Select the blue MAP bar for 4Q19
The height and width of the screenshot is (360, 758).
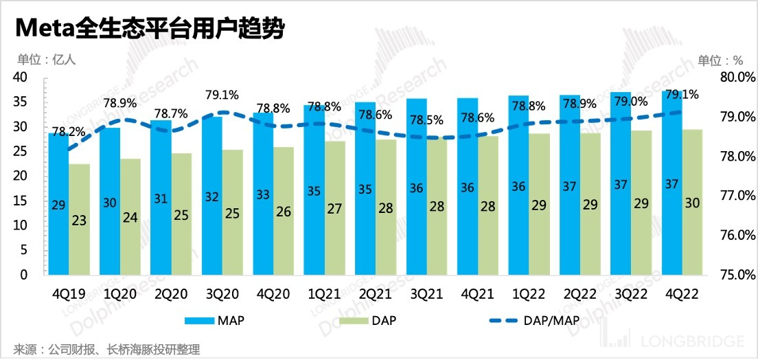(58, 206)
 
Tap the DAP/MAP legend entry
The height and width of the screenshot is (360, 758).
(529, 320)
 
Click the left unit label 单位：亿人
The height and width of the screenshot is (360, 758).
(43, 59)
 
